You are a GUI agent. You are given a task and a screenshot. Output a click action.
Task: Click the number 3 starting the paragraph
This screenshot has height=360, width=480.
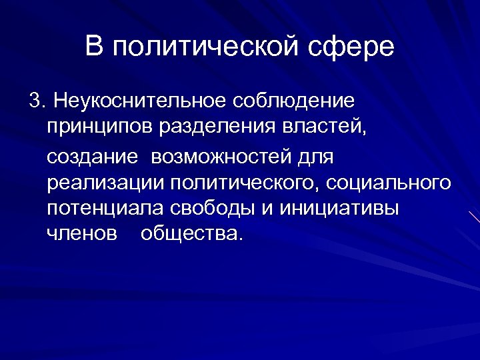point(35,101)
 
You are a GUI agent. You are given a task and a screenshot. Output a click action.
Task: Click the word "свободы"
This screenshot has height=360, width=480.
point(217,208)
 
